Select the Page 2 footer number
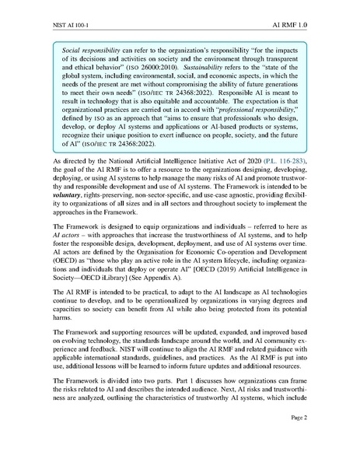tap(320, 439)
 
